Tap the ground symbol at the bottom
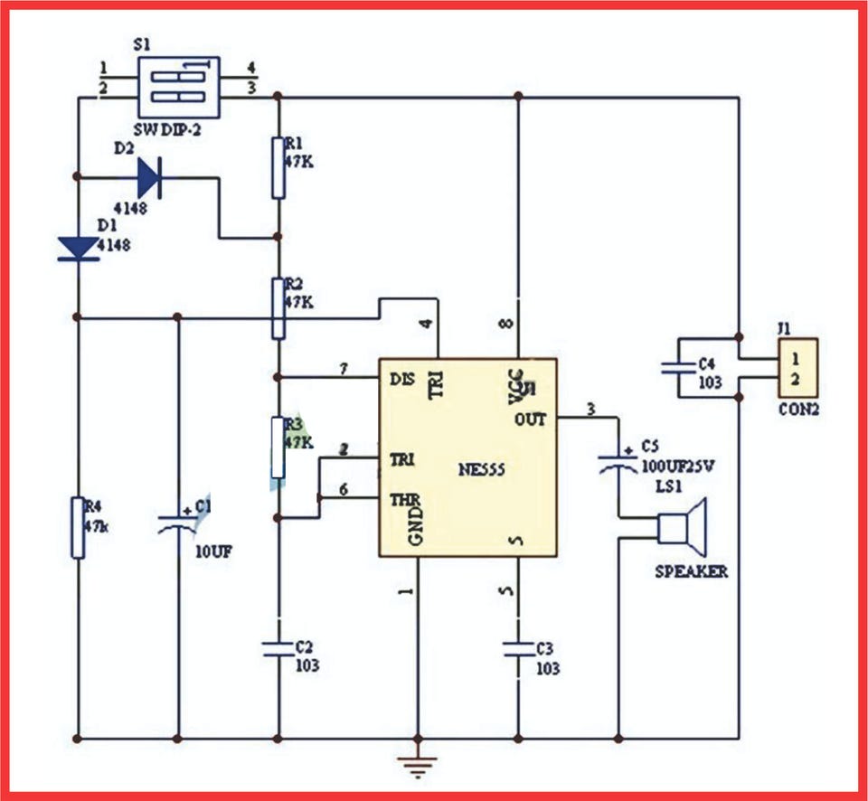click(x=418, y=765)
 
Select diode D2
click(x=149, y=178)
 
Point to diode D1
click(x=78, y=247)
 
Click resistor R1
click(x=278, y=167)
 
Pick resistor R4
click(x=78, y=526)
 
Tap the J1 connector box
click(x=797, y=368)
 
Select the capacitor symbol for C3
click(x=518, y=647)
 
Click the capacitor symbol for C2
click(x=278, y=647)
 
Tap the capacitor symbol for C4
click(x=678, y=368)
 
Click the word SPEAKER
click(x=692, y=572)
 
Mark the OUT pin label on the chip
click(x=531, y=419)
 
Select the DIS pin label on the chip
click(x=402, y=379)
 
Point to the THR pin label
click(x=402, y=498)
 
